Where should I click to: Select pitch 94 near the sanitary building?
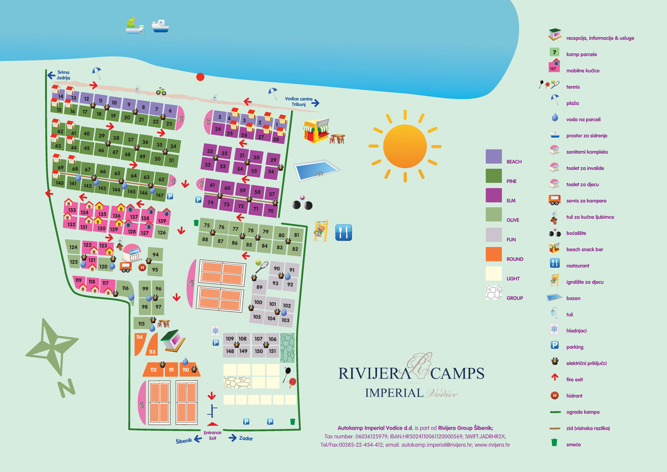[x=155, y=255]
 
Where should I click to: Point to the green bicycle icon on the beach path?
[x=161, y=91]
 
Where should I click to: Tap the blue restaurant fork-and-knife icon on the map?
[x=343, y=233]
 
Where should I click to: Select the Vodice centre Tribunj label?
[x=299, y=101]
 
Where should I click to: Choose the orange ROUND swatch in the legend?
[x=494, y=254]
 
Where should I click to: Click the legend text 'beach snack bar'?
[x=584, y=249]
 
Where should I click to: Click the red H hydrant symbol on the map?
[x=142, y=267]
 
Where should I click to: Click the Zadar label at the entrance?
[x=246, y=438]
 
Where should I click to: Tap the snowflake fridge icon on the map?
[x=215, y=330]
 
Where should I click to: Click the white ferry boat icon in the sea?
[x=160, y=26]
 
